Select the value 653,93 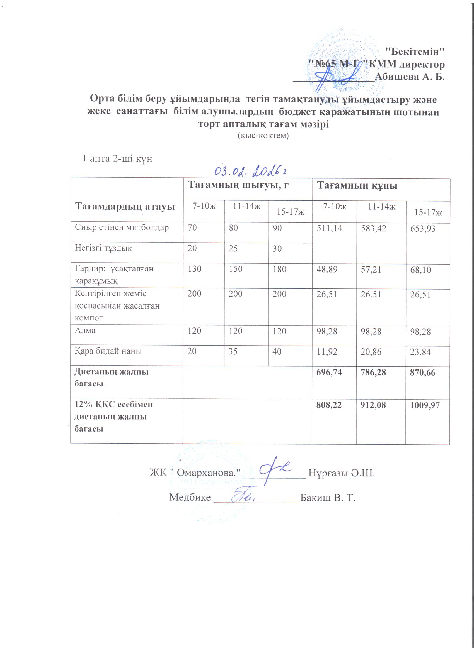point(422,229)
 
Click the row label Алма point(85,331)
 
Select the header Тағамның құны point(357,186)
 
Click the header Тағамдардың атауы point(125,206)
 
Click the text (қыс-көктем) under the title point(263,136)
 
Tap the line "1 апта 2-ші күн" point(117,159)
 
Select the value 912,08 point(373,405)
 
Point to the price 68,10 point(420,270)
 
